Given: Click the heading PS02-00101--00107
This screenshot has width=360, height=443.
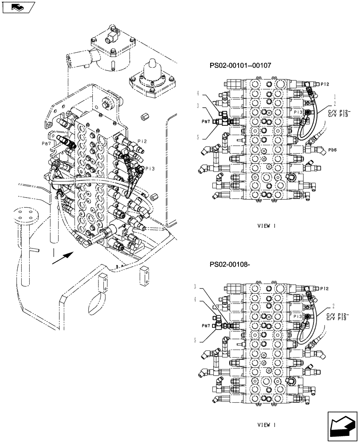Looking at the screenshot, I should (240, 65).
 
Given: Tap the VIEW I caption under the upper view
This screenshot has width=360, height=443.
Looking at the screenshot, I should (266, 226).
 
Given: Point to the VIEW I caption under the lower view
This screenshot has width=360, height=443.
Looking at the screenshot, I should (266, 425).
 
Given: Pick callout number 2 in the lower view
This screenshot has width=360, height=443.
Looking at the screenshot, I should (333, 306).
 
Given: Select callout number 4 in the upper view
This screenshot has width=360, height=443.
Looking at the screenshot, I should (198, 93).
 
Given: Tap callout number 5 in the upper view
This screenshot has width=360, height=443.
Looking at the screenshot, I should (198, 137).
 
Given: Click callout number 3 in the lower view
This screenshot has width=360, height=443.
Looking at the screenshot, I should (196, 287).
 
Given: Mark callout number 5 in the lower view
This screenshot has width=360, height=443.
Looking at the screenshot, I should (196, 341).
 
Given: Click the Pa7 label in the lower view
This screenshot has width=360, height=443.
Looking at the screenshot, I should (206, 325).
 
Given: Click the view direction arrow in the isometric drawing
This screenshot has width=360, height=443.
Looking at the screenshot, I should (62, 258).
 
